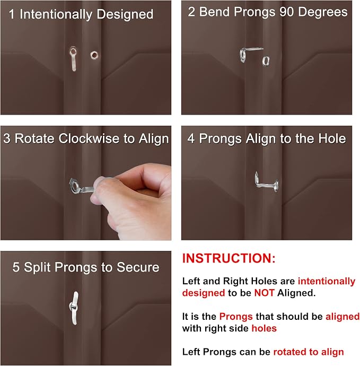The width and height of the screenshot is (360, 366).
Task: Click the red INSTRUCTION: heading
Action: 229,258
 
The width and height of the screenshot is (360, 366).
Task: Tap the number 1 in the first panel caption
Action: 11,14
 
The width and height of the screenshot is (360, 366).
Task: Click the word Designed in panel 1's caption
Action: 125,14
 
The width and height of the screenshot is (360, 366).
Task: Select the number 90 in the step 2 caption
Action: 286,12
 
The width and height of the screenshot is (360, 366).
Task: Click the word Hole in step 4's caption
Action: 332,138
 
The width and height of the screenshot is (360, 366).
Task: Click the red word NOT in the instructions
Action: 264,293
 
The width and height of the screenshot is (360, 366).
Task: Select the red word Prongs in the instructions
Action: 236,317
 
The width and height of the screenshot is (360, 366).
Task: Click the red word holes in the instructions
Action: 264,328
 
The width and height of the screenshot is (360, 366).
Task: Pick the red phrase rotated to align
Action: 309,352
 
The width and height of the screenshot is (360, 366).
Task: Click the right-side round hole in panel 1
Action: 94,55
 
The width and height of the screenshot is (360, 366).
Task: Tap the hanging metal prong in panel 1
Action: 73,59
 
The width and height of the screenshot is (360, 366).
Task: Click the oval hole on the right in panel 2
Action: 266,61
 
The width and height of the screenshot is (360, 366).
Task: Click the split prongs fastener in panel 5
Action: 74,308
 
